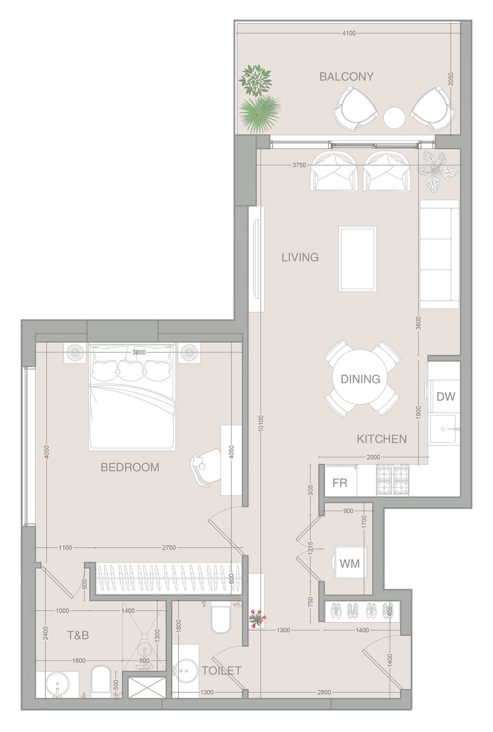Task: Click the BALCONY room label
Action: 346,77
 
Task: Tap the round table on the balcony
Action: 394,118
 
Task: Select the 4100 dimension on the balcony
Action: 348,33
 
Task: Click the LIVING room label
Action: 300,257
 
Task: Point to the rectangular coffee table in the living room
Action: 358,259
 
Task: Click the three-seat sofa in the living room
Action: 439,254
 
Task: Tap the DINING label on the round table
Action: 360,379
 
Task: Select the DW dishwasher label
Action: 445,396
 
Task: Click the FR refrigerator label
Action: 340,483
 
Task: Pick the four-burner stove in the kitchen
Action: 393,480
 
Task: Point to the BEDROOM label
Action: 130,467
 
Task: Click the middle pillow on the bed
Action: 131,369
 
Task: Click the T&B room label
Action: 78,635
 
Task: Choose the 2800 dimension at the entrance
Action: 324,692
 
